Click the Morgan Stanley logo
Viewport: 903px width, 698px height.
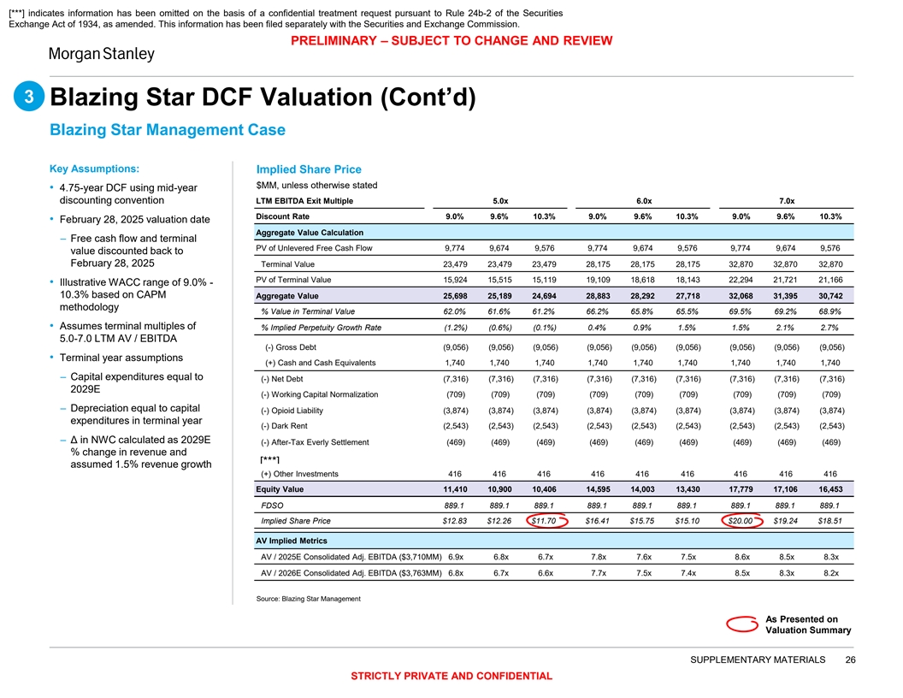pyautogui.click(x=100, y=54)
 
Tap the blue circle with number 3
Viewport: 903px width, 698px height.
pyautogui.click(x=28, y=98)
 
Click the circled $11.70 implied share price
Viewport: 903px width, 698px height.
pyautogui.click(x=545, y=521)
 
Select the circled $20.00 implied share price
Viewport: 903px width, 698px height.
pyautogui.click(x=741, y=521)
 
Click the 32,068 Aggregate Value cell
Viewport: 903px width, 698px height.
pyautogui.click(x=741, y=296)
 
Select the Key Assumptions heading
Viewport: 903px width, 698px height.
pyautogui.click(x=95, y=168)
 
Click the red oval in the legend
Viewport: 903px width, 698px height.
pyautogui.click(x=741, y=624)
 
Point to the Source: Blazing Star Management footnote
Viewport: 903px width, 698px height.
pyautogui.click(x=308, y=599)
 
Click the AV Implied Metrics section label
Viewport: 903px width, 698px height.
pyautogui.click(x=292, y=541)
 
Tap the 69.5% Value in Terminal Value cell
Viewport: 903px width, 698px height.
pyautogui.click(x=741, y=311)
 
